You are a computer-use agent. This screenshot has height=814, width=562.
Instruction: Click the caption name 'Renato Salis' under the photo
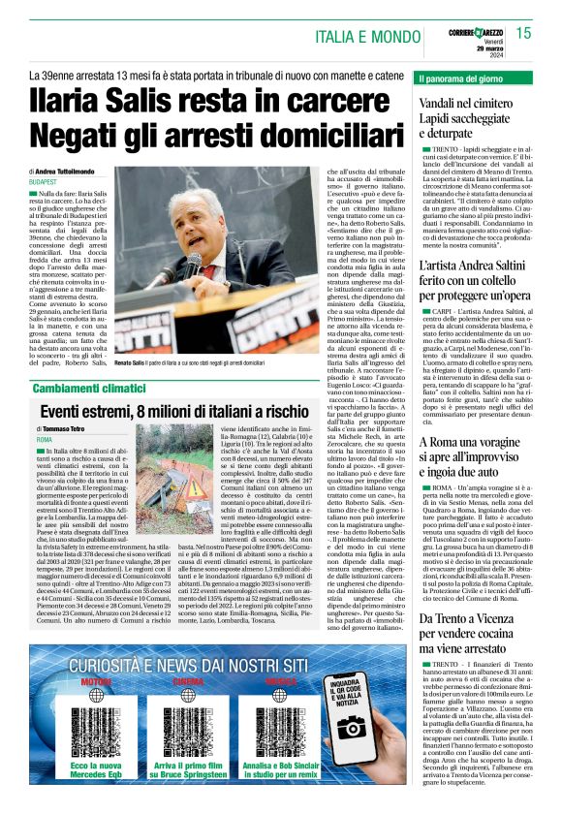click(x=134, y=361)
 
